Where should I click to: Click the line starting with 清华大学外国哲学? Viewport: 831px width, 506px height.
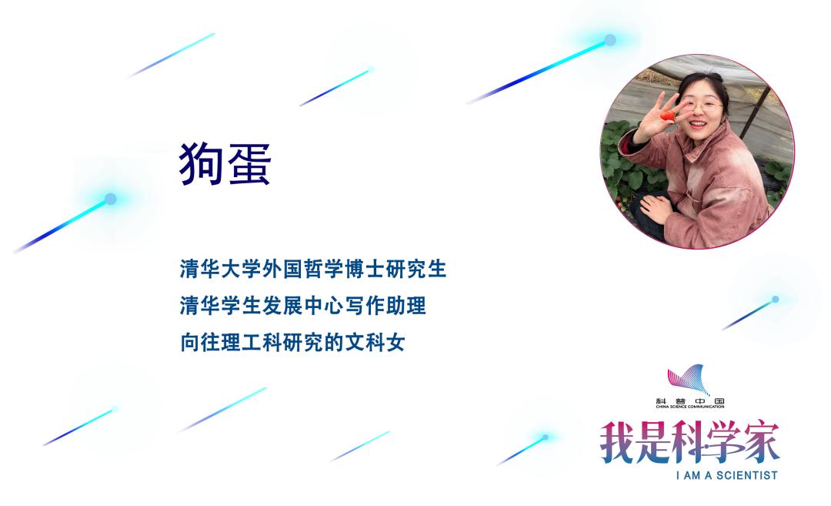(312, 270)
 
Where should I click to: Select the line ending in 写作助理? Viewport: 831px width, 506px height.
(302, 307)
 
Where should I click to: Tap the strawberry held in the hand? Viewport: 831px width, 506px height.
(668, 116)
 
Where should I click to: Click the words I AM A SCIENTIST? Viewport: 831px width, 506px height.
(727, 475)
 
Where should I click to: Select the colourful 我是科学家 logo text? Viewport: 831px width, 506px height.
(689, 442)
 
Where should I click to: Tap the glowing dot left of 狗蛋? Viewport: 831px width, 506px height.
(110, 199)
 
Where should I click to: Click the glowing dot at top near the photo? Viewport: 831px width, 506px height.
(609, 40)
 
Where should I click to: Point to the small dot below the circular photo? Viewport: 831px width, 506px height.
(775, 299)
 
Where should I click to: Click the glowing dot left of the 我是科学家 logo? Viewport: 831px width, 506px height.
(545, 437)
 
